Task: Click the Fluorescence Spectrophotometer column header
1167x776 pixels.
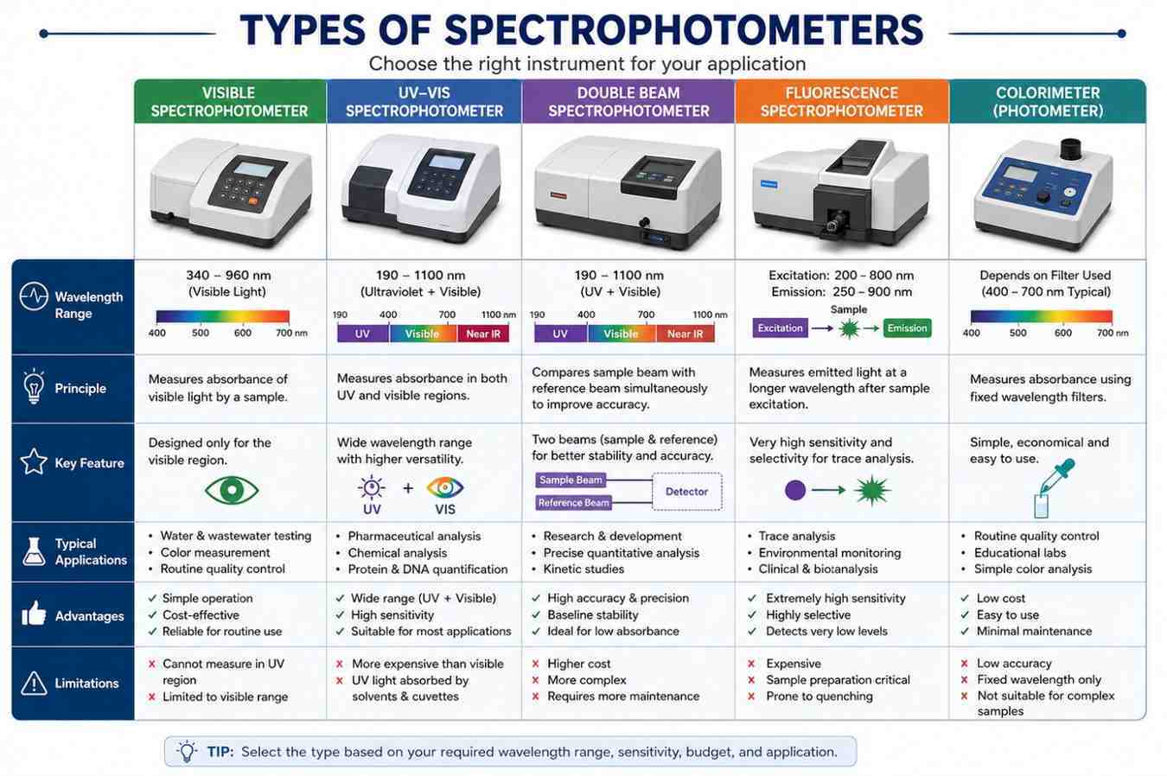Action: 841,102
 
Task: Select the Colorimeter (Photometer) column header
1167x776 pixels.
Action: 1047,102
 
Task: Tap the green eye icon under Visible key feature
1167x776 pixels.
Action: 232,490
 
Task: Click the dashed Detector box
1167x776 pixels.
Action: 687,491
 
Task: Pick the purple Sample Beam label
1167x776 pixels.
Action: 571,480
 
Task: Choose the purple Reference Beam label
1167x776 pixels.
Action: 573,503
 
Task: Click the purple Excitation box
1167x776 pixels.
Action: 780,328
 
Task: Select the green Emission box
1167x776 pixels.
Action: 907,328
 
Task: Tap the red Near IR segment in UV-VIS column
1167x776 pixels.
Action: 483,334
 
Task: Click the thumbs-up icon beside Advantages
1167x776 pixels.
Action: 34,613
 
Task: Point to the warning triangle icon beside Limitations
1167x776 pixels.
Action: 34,683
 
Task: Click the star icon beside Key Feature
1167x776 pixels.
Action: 34,461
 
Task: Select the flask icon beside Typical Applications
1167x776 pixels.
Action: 34,551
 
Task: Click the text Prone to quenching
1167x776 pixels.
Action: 819,696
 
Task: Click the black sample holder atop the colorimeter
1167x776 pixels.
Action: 1071,149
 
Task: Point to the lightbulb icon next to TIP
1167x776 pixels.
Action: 187,752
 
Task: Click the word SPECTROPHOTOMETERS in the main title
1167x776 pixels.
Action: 684,30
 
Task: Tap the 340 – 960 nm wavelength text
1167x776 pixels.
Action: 228,275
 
